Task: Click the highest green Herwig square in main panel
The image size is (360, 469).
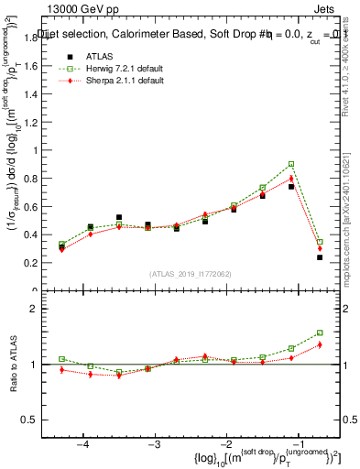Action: tap(291, 164)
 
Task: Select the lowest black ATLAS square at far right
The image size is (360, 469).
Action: tap(320, 257)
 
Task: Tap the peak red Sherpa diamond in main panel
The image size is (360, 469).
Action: tap(291, 179)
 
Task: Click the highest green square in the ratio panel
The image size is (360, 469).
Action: tap(320, 333)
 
